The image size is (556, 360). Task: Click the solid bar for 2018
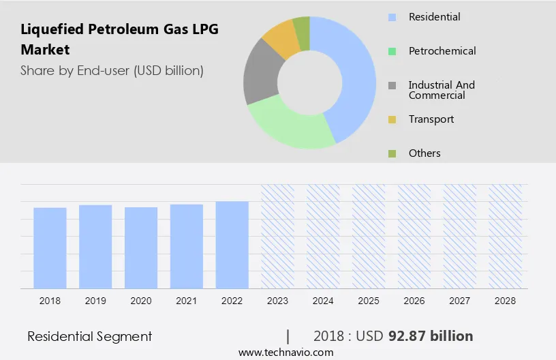(50, 247)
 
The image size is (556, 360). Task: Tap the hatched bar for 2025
(369, 236)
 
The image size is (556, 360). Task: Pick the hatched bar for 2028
(506, 236)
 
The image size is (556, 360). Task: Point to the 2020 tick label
(141, 301)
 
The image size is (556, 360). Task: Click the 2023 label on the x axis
(277, 301)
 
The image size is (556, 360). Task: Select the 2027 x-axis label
(460, 301)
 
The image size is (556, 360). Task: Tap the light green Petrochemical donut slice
(290, 126)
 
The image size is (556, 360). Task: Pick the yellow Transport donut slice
(281, 40)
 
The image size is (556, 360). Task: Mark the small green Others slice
(302, 29)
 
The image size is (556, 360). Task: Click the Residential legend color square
(392, 17)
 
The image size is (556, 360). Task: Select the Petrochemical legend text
(442, 51)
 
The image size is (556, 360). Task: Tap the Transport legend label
(431, 119)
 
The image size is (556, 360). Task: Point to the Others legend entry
(424, 153)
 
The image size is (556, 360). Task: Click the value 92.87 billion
(431, 336)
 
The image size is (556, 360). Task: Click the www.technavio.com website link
(285, 352)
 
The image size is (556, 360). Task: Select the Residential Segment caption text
(89, 336)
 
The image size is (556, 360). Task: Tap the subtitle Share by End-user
(112, 70)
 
